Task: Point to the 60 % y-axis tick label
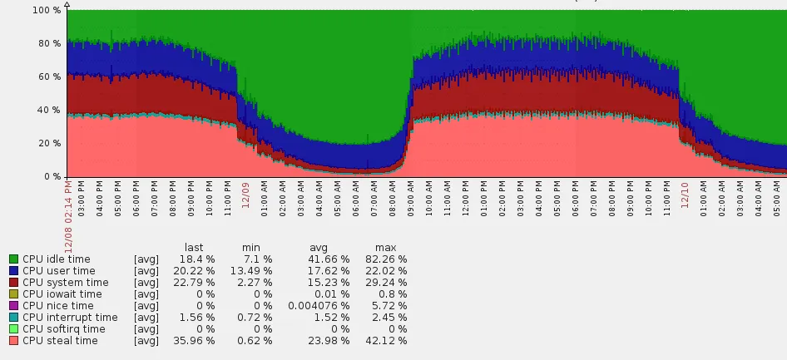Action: pyautogui.click(x=46, y=76)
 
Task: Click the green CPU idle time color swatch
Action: pyautogui.click(x=13, y=259)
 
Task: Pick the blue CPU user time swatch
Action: pyautogui.click(x=13, y=271)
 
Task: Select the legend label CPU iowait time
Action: pyautogui.click(x=62, y=294)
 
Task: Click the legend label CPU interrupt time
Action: pyautogui.click(x=70, y=318)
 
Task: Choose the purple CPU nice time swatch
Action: pyautogui.click(x=13, y=306)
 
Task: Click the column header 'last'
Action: pyautogui.click(x=194, y=248)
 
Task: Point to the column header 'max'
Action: pyautogui.click(x=386, y=248)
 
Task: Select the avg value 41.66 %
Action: pyautogui.click(x=322, y=259)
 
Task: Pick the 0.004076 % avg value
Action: pyautogui.click(x=311, y=306)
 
